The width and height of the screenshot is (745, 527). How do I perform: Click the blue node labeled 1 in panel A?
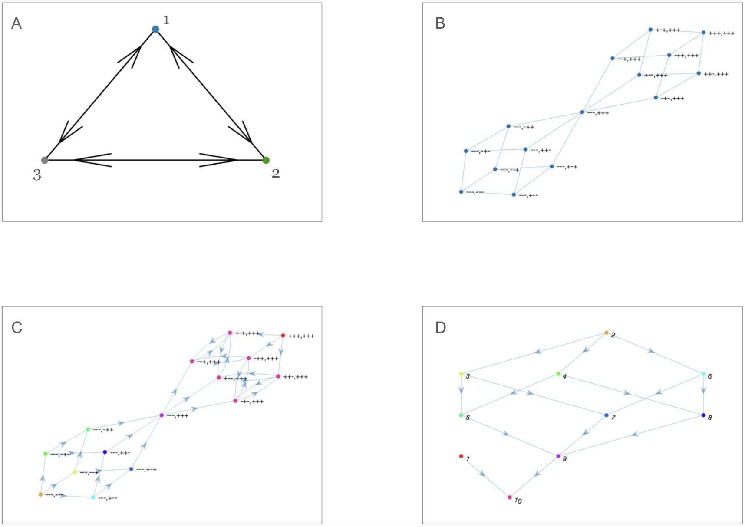tap(155, 29)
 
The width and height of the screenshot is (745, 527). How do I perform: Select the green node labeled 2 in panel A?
tap(266, 160)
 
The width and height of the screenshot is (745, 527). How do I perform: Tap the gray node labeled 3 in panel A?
tap(44, 160)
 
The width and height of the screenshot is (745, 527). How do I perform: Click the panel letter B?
tap(440, 23)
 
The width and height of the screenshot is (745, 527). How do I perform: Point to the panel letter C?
tap(17, 327)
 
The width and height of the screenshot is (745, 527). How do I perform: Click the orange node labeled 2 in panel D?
tap(607, 333)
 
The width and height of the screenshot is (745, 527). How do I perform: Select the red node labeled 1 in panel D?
tap(461, 456)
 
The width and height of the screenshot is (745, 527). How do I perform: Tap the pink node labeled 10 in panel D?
tap(510, 497)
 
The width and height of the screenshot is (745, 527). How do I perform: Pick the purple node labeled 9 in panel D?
tap(558, 456)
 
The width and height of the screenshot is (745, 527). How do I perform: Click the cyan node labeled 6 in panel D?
tap(704, 374)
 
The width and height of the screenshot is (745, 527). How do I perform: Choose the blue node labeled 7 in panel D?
tap(607, 415)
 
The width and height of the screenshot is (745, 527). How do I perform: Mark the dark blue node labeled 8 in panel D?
tap(704, 415)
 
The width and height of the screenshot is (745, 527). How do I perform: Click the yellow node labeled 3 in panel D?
tap(461, 374)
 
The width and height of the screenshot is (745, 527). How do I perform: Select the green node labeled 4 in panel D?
tap(558, 374)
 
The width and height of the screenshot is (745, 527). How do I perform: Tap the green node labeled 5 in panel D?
tap(461, 415)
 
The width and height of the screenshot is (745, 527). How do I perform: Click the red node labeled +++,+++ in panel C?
tap(283, 336)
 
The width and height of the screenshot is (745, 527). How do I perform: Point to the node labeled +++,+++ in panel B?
tap(704, 33)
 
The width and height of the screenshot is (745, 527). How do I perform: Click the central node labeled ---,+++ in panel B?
tap(582, 112)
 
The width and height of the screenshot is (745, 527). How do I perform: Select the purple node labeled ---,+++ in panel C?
tap(162, 415)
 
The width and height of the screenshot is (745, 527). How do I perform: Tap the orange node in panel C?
tap(40, 494)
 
